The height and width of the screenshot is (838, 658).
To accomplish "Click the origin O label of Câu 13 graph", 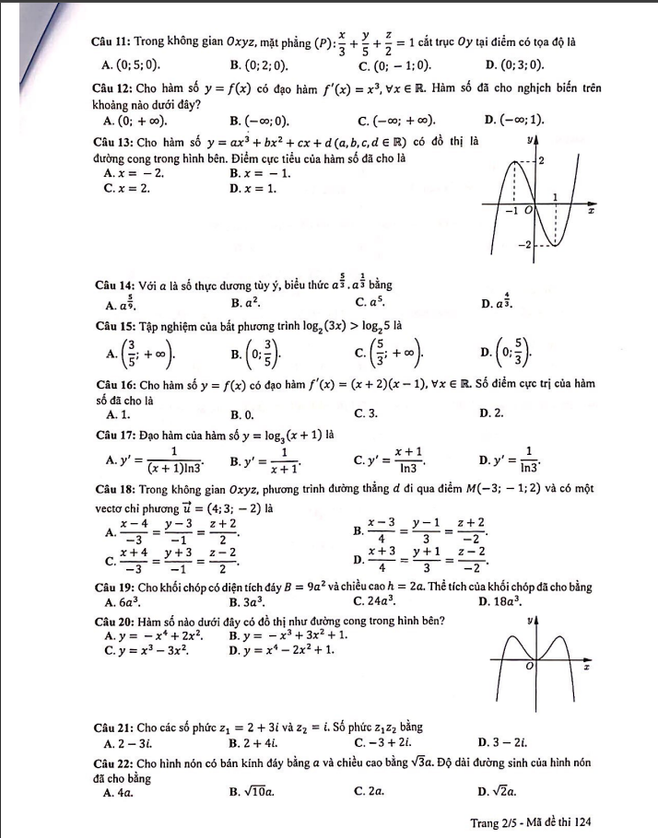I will point(528,209).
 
